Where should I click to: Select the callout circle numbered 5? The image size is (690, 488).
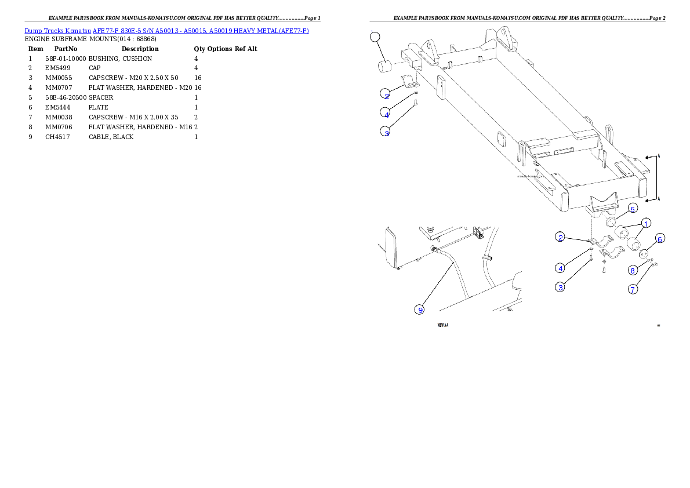point(633,208)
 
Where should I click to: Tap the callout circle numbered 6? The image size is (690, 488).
point(660,239)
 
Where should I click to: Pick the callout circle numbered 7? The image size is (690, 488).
point(633,289)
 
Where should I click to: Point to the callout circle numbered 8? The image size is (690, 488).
point(633,270)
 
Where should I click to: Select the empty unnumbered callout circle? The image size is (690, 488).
point(375,37)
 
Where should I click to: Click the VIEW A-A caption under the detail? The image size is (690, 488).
point(443,326)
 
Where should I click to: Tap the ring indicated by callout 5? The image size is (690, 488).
point(611,222)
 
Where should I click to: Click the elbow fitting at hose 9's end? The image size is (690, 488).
point(434,248)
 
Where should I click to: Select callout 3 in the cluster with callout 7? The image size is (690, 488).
point(560,287)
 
